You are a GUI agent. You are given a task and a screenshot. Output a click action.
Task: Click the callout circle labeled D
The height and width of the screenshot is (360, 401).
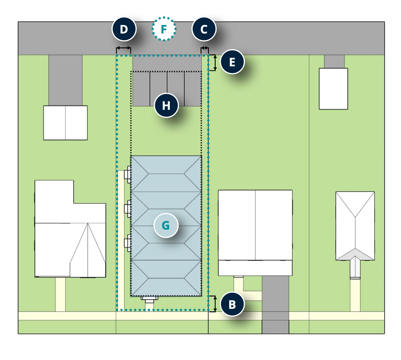[x=124, y=29]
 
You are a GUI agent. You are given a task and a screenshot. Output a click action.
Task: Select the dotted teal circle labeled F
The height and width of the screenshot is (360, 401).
[x=164, y=29]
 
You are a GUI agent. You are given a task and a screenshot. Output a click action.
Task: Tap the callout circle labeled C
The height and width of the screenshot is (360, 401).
[x=204, y=29]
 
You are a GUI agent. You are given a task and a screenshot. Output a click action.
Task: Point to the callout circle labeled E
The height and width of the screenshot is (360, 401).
[x=232, y=62]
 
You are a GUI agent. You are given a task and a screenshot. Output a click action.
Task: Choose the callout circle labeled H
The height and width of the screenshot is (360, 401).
[x=166, y=105]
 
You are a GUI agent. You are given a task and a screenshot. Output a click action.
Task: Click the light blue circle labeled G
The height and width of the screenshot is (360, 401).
[x=166, y=225]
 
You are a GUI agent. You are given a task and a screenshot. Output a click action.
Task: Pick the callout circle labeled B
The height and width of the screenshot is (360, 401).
[x=232, y=304]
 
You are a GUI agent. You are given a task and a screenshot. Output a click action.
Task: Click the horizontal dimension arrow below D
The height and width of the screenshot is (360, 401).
[x=123, y=48]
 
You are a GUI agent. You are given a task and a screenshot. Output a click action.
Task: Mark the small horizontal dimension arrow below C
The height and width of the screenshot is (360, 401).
[x=205, y=48]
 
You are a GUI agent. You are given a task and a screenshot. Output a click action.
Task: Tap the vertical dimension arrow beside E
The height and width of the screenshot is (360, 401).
[x=215, y=62]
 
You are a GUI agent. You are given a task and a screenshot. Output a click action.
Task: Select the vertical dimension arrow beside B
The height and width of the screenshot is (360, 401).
[x=215, y=304]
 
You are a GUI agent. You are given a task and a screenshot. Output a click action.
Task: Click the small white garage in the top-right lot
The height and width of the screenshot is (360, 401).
[x=333, y=89]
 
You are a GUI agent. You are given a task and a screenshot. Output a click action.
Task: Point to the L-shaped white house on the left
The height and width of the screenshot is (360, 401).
[x=70, y=229]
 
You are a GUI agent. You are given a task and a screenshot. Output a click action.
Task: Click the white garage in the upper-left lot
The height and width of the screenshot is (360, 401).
[x=65, y=123]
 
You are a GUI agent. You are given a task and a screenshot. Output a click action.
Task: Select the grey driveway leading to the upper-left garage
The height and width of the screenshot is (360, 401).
[x=65, y=80]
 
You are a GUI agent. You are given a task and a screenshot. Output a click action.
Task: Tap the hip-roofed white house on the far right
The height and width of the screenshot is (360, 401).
[x=355, y=226]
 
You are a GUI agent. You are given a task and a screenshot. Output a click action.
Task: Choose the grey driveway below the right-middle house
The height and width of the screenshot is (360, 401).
[x=275, y=305]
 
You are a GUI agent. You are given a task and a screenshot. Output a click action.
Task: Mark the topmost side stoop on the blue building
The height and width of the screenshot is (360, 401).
[x=128, y=175]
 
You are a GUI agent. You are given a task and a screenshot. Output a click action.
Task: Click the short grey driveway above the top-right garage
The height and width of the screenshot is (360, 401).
[x=334, y=62]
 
